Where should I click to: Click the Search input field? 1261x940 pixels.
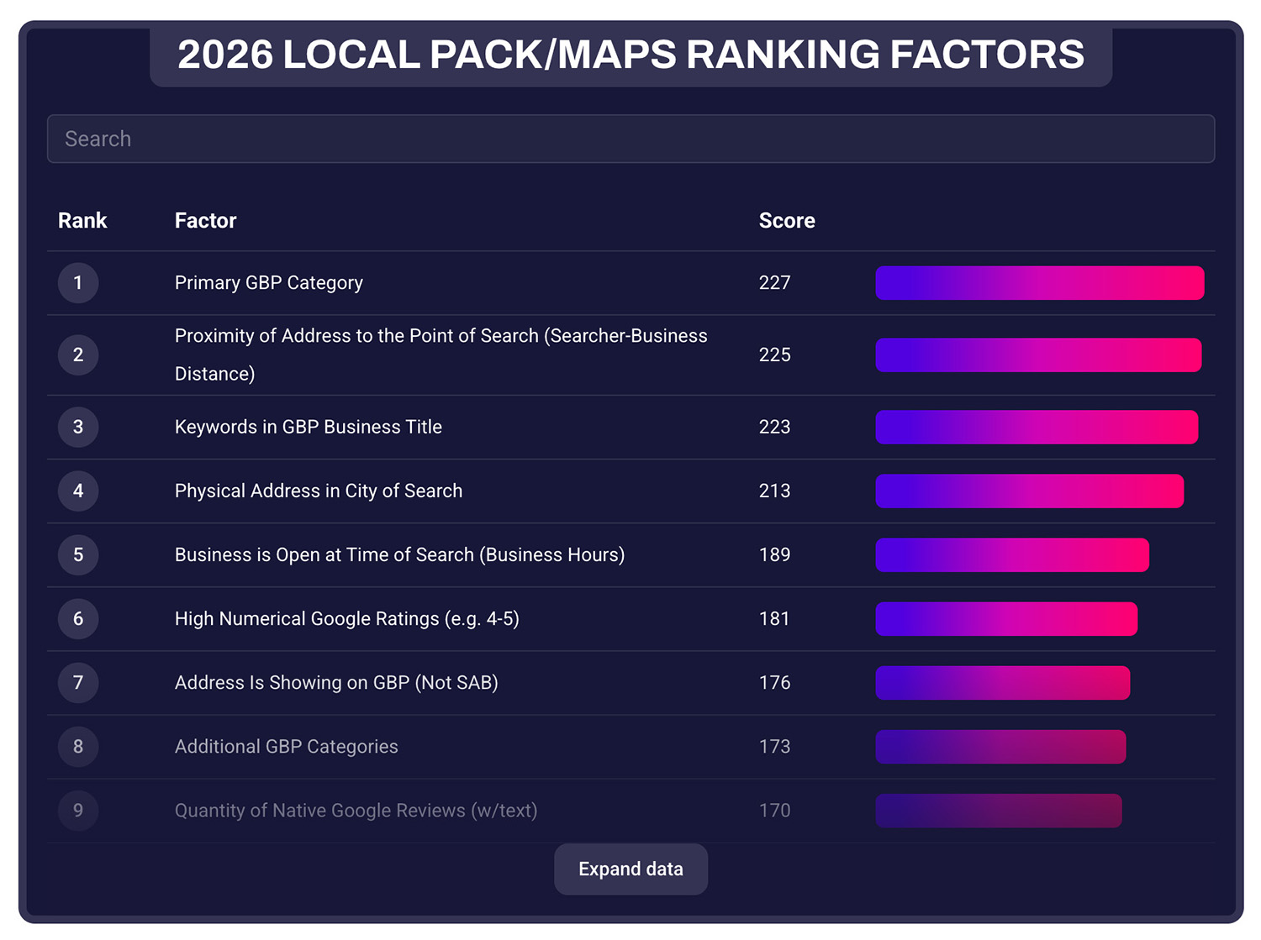630,139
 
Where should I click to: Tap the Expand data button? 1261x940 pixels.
630,869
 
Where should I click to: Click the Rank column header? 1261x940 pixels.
82,221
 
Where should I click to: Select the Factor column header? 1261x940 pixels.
205,221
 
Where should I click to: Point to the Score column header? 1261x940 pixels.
787,221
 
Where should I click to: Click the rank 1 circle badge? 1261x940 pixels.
78,283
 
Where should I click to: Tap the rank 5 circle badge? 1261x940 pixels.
78,555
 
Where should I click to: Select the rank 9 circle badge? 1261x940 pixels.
78,811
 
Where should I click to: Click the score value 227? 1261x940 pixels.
774,283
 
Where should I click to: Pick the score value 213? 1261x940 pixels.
774,491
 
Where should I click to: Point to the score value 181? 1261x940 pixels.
774,619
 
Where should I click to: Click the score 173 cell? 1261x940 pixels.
774,747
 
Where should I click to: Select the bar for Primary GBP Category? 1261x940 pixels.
1039,283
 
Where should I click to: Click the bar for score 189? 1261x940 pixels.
1012,555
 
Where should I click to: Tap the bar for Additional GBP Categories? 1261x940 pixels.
1000,747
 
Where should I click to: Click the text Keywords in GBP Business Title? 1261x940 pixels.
308,428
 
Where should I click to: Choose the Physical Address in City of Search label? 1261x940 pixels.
318,491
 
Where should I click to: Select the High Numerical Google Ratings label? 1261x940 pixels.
346,619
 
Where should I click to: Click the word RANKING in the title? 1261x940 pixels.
782,55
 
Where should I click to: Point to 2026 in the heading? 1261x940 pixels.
225,55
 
